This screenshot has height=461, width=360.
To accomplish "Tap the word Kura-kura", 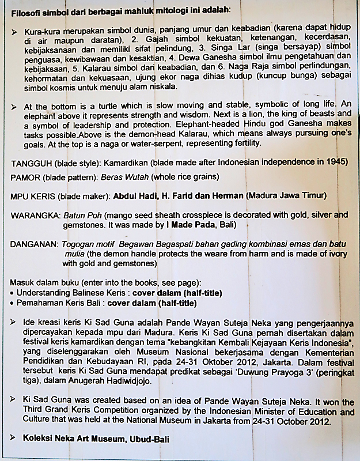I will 42,31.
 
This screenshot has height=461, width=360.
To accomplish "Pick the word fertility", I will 245,142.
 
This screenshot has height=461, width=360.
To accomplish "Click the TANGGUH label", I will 29,162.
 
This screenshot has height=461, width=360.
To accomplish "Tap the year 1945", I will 337,162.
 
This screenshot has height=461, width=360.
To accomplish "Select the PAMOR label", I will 25,177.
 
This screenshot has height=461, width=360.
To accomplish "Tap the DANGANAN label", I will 33,244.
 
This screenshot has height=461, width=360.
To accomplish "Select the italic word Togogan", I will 79,244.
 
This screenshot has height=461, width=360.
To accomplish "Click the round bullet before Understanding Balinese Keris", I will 13,293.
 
